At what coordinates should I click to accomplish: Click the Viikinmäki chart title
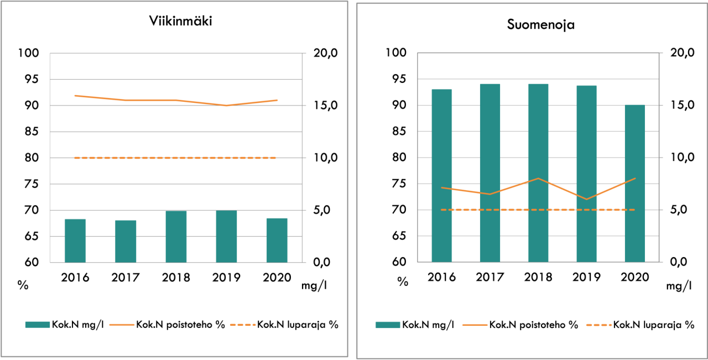tap(180, 21)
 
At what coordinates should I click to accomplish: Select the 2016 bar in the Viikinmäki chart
tap(75, 241)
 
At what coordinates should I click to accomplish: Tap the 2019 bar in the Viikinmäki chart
tap(226, 236)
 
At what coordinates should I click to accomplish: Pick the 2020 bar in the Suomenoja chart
tap(634, 183)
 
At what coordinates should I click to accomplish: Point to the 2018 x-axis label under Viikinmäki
tap(176, 277)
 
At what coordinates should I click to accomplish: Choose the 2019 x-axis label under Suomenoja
tap(586, 277)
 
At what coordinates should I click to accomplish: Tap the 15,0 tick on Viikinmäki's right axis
tap(325, 106)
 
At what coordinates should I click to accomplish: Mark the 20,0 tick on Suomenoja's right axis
tap(682, 53)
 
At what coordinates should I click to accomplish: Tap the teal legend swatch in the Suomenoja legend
tap(388, 325)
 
